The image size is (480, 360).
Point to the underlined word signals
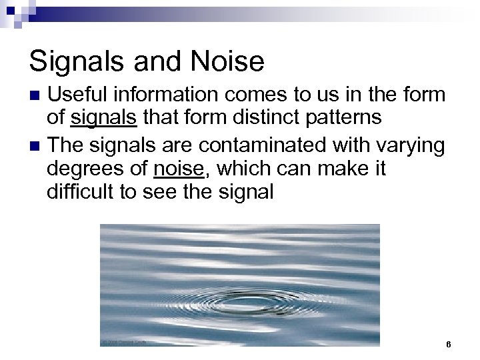click(x=103, y=118)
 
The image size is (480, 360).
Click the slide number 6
click(x=449, y=345)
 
